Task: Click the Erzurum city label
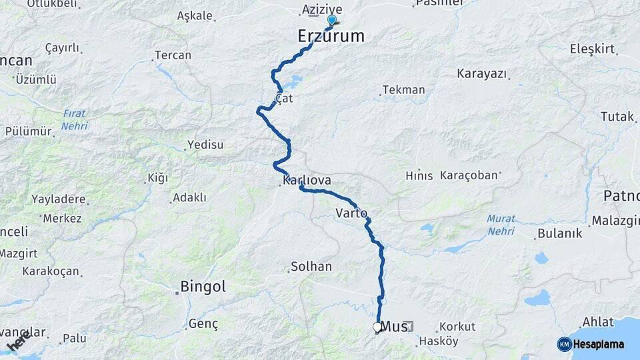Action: (331, 37)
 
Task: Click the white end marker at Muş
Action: (377, 327)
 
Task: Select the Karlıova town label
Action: (307, 181)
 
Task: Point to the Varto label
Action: (351, 213)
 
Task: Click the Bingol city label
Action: (203, 287)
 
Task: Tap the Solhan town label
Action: (311, 267)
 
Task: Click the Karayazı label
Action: (482, 74)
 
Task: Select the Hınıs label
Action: (419, 176)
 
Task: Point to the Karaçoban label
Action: (469, 175)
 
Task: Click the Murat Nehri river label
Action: (501, 224)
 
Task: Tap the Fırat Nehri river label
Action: (75, 119)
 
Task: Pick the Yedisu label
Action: (206, 145)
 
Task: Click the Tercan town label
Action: (173, 56)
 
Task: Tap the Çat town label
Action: (285, 99)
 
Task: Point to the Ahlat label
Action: (597, 322)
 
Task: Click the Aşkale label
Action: (195, 16)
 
